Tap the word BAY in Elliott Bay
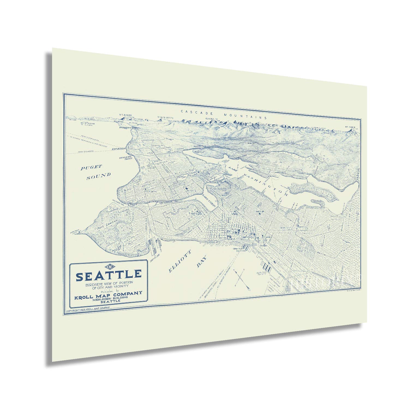202,262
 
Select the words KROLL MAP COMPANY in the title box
108,293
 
